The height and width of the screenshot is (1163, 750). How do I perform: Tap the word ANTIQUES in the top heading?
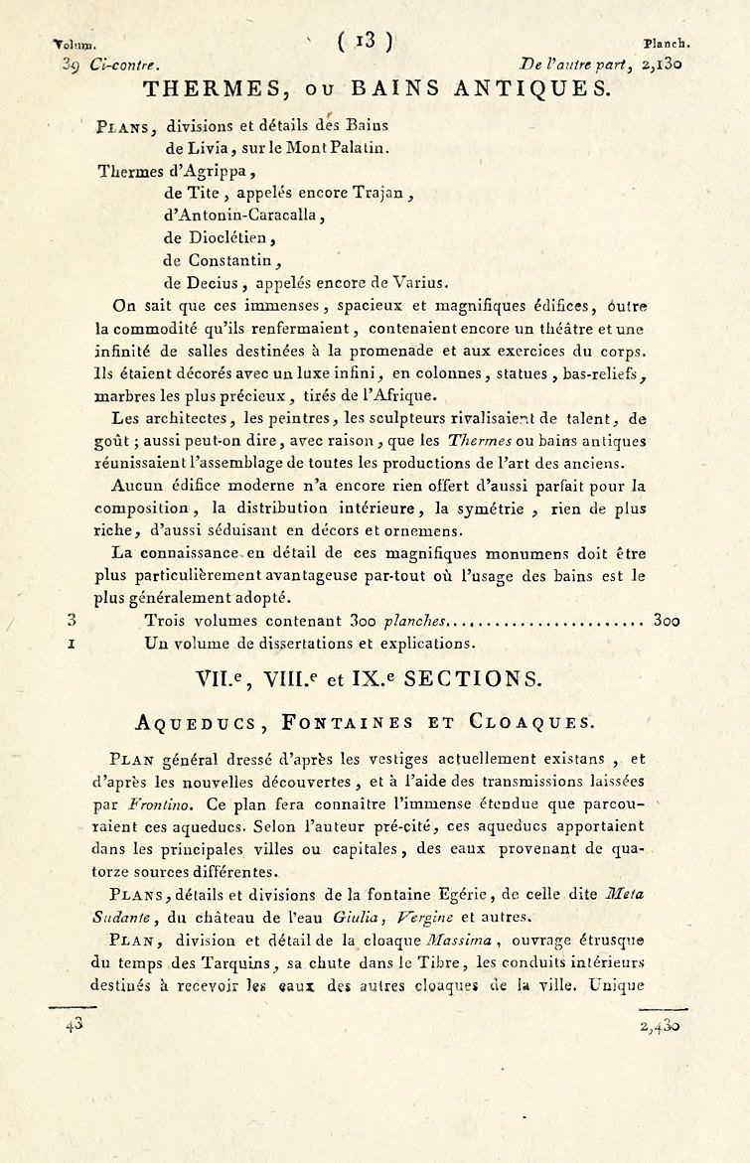536,90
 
